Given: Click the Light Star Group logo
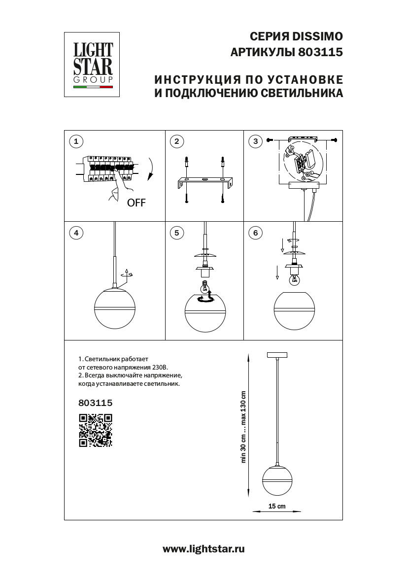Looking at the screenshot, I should coord(93,64).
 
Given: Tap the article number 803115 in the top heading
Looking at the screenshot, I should coord(321,52).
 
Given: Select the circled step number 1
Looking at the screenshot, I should coord(75,142).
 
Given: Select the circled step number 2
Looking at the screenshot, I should coord(176,142).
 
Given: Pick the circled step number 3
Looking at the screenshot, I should coord(255,142).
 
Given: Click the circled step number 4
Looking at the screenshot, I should coord(75,233).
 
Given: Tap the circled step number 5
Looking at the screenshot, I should coord(176,233).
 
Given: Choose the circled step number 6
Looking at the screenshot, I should coord(255,233).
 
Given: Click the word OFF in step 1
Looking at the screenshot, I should coord(136,203).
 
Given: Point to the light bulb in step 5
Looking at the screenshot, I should coord(205,286).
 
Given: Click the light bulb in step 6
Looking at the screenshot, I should coord(294,279).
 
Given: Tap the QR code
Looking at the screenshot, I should coord(96,430).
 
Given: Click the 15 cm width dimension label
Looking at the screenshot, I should coord(277,507).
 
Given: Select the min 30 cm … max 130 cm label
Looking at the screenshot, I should coord(243,427).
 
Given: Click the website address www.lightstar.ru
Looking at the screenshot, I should coord(203,549).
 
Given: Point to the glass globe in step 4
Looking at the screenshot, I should coord(115,309).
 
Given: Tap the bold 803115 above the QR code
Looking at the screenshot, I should coord(96,403).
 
